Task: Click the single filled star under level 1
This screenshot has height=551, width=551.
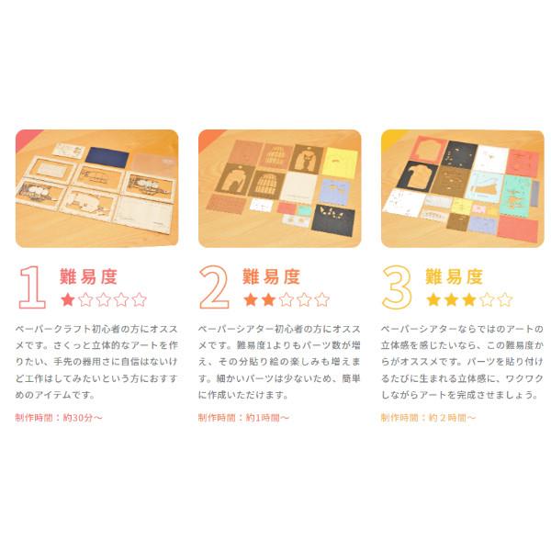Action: pyautogui.click(x=68, y=299)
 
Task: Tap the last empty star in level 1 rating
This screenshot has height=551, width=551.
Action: pyautogui.click(x=139, y=299)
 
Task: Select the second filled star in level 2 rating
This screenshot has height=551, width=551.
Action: pyautogui.click(x=268, y=299)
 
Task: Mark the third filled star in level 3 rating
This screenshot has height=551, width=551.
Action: pyautogui.click(x=468, y=299)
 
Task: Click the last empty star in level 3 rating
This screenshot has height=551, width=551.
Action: pyautogui.click(x=504, y=299)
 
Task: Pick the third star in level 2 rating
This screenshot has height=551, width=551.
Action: pyautogui.click(x=286, y=299)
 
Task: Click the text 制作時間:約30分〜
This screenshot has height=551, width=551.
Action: pyautogui.click(x=59, y=417)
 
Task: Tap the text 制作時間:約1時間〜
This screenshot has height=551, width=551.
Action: pyautogui.click(x=243, y=417)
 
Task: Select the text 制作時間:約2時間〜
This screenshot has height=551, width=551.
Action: pyautogui.click(x=428, y=417)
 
